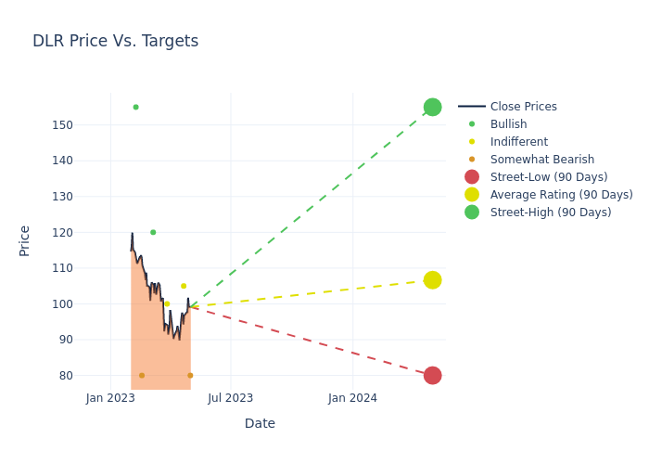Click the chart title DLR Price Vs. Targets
[x=115, y=41]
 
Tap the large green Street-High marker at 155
[x=432, y=107]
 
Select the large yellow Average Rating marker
[x=432, y=280]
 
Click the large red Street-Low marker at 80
[x=432, y=375]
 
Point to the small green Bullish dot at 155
[x=135, y=107]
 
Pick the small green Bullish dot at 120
[x=153, y=232]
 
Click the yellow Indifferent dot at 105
[x=184, y=286]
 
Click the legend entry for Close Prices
[x=523, y=107]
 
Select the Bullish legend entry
[x=508, y=124]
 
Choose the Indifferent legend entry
[x=518, y=142]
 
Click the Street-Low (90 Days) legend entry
[x=548, y=177]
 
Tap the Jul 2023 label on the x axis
[x=231, y=398]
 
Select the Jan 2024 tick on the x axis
[x=352, y=398]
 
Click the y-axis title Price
[x=25, y=240]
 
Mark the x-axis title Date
[x=260, y=423]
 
